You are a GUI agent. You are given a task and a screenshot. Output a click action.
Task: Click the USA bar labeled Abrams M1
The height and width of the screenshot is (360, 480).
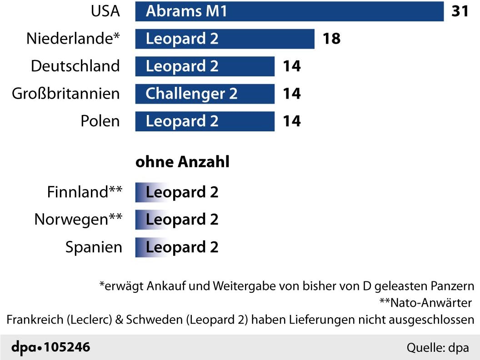[289, 11]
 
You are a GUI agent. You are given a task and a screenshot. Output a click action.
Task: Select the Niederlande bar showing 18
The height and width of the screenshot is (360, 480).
[225, 39]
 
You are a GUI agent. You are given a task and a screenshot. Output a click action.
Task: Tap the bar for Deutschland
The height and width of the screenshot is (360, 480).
[205, 66]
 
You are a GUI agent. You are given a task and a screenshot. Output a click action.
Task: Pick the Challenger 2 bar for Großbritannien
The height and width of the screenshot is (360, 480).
[205, 94]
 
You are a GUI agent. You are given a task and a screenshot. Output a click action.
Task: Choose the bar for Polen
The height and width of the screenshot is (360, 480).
[205, 121]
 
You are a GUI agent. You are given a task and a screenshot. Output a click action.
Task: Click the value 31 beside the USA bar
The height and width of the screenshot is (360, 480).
[460, 11]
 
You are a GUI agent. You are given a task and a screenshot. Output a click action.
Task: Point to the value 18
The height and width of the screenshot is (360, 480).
[331, 39]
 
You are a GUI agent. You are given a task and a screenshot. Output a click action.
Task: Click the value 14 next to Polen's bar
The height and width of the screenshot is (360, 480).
[291, 121]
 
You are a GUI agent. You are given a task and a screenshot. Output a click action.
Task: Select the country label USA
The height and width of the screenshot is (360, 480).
[105, 11]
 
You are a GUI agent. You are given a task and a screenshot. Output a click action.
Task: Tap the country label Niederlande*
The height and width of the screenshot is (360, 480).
[73, 39]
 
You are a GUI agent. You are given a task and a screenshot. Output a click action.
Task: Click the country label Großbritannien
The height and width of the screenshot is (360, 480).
[66, 94]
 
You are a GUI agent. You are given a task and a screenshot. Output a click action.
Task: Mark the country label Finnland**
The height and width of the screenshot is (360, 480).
[85, 192]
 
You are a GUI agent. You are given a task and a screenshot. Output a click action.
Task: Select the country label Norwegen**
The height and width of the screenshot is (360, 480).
[78, 220]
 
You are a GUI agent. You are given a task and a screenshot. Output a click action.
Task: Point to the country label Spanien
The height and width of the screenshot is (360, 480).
[94, 247]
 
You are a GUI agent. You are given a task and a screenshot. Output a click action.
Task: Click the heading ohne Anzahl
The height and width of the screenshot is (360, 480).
[182, 162]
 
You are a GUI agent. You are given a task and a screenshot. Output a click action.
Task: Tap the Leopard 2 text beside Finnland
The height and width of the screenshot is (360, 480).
[182, 192]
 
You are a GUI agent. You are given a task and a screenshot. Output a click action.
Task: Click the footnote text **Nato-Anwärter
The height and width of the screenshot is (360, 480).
[425, 303]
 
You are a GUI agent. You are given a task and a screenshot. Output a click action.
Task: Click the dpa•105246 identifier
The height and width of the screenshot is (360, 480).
[50, 348]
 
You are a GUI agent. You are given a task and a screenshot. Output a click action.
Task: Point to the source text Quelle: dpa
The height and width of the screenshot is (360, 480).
[437, 348]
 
